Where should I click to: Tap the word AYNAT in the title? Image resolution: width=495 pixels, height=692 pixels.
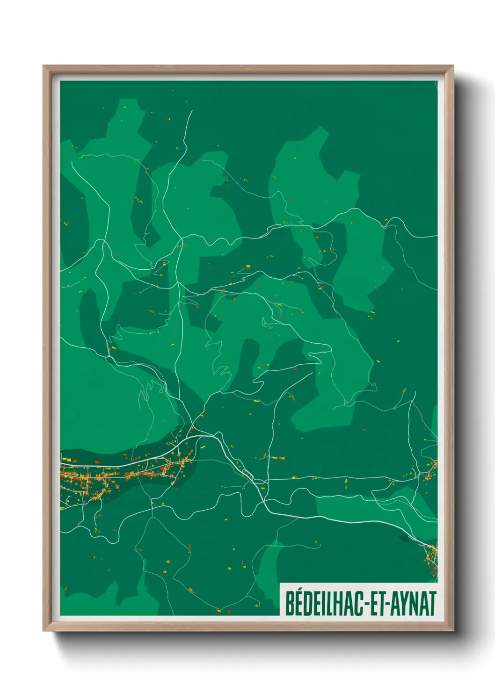(414, 604)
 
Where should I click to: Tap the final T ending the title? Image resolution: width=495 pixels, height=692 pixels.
(433, 604)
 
